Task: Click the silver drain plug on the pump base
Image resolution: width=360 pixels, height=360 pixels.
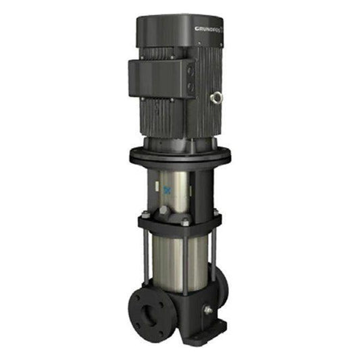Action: click(x=207, y=310)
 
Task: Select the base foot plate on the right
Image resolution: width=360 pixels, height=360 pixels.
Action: click(x=213, y=328)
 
